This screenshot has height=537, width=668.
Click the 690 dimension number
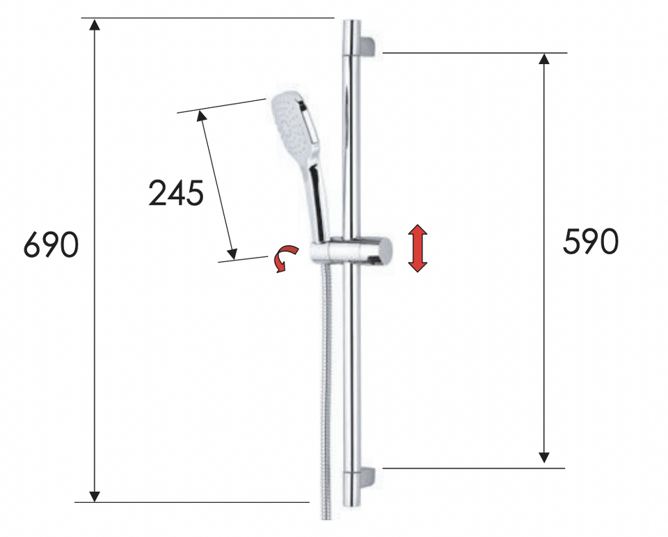coord(51,245)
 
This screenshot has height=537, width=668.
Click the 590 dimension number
coord(591,242)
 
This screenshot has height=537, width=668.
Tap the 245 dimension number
coord(176,193)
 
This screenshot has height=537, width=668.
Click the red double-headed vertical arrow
coord(417,248)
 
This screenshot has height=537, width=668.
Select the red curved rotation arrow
coord(285,257)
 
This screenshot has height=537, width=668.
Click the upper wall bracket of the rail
coord(367,46)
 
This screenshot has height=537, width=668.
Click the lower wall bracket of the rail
coord(367,478)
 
